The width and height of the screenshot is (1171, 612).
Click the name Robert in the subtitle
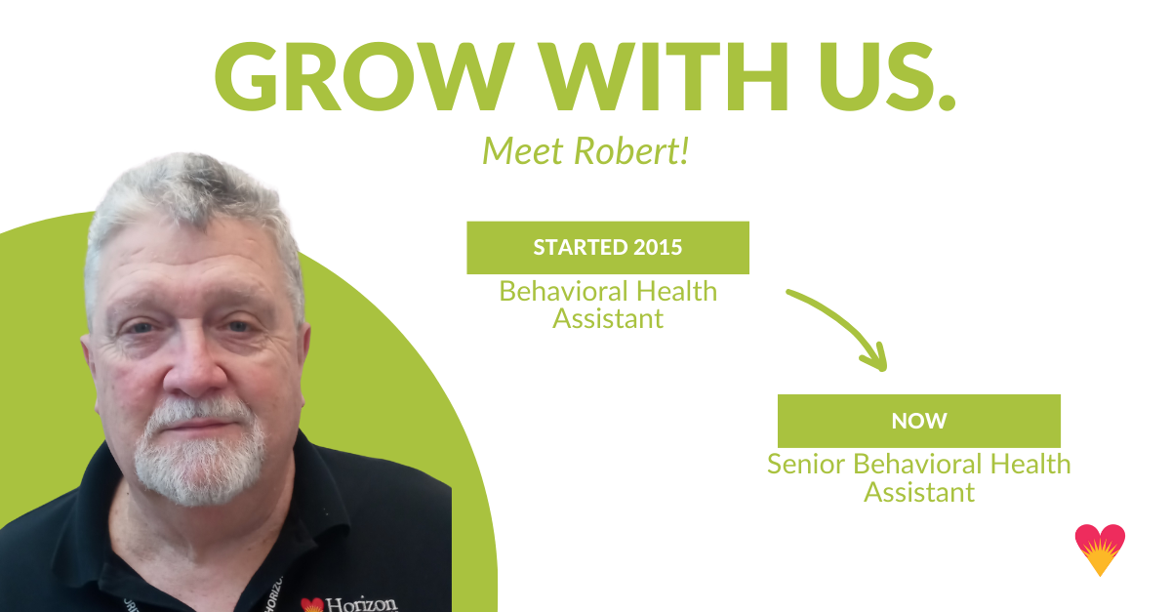click(x=639, y=150)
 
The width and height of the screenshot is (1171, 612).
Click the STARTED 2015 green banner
click(x=607, y=247)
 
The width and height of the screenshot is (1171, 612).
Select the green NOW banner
click(x=918, y=421)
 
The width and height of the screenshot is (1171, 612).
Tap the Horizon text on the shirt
click(x=361, y=603)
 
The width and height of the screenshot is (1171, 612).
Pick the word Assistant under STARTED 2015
click(x=607, y=317)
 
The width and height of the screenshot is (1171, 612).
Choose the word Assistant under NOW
click(x=918, y=491)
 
